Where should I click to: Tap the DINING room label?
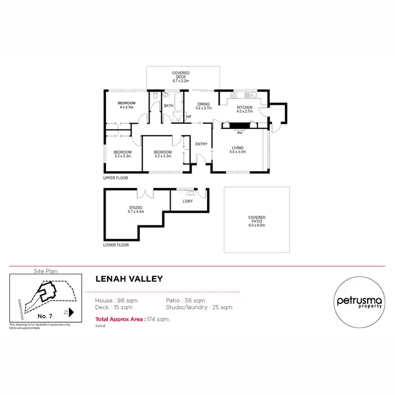click(203, 106)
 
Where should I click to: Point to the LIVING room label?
click(238, 150)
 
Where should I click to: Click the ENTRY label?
click(201, 144)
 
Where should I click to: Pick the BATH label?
click(169, 106)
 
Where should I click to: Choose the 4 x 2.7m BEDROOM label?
click(126, 105)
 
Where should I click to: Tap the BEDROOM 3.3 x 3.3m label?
click(123, 154)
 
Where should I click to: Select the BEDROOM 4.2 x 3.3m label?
click(163, 154)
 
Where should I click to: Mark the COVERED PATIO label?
click(256, 221)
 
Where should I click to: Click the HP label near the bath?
click(189, 116)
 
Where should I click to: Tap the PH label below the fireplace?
click(240, 133)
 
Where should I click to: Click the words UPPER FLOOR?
click(115, 178)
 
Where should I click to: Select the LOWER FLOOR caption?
click(116, 245)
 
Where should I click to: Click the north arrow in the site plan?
click(70, 312)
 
